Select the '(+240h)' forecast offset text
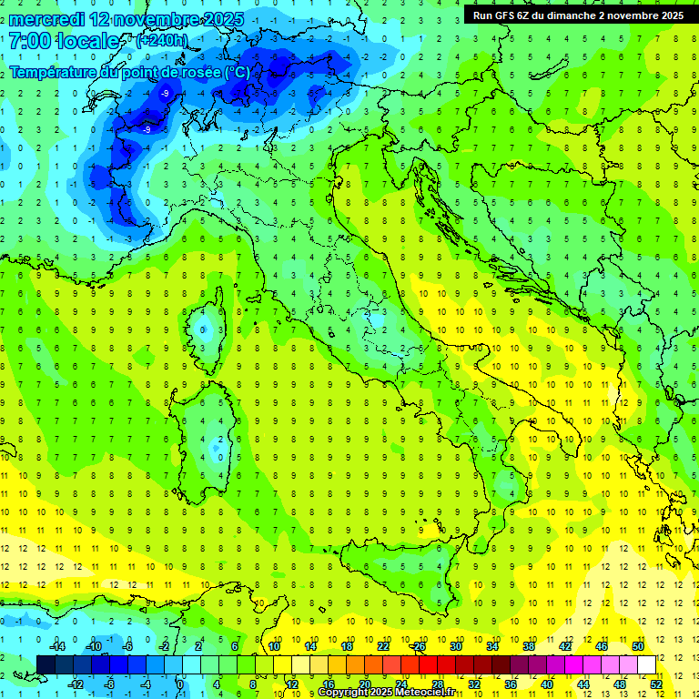tap(162, 41)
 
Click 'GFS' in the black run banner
tap(507, 15)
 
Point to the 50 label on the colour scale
tap(638, 646)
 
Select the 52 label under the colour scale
tap(656, 684)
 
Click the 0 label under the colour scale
tap(179, 684)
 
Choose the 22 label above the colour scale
tap(383, 646)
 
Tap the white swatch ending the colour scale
tap(646, 664)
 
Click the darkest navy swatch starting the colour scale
tap(46, 664)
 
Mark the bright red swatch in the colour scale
tap(428, 664)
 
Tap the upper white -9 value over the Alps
tap(165, 94)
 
